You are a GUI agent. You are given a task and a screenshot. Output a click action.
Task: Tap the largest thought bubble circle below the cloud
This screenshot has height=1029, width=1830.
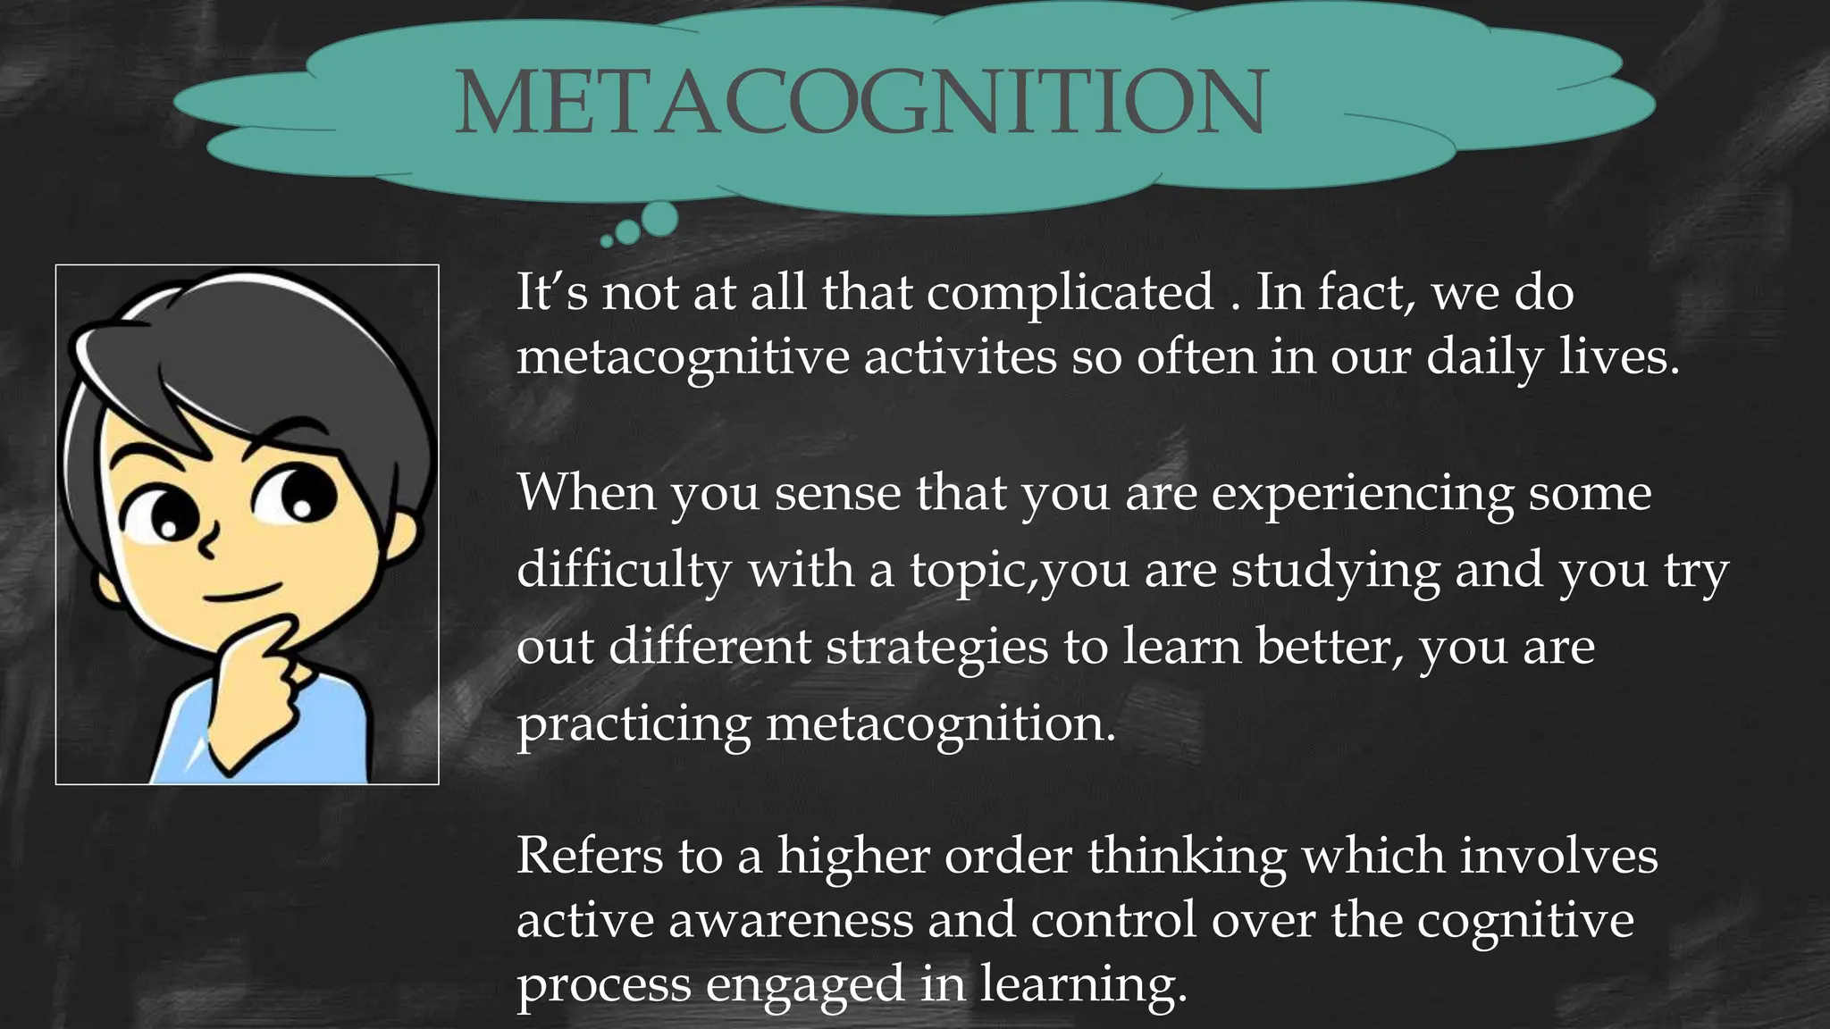tap(659, 219)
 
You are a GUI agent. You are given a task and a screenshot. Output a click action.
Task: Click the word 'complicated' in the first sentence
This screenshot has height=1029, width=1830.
tap(1070, 292)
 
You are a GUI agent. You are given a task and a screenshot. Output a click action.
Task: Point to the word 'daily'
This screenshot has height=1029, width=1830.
tap(1484, 357)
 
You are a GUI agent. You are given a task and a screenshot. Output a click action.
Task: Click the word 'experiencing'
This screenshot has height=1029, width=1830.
tap(1362, 493)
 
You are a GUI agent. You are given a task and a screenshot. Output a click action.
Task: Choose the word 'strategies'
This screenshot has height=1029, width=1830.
tap(936, 647)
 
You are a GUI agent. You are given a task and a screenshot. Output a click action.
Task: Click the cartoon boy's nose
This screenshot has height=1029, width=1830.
tap(208, 539)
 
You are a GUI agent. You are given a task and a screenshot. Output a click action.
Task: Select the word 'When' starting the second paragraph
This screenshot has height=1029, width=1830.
tap(585, 493)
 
